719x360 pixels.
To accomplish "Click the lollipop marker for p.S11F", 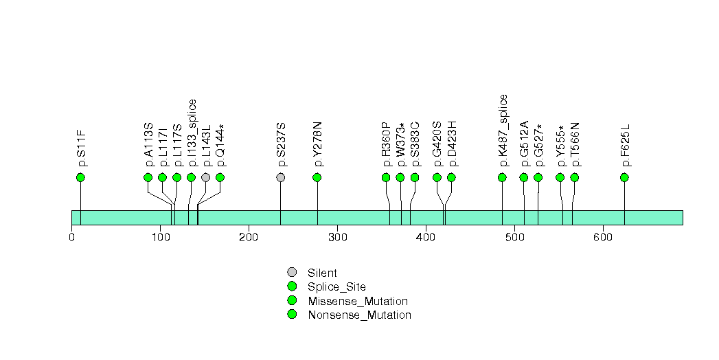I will (80, 177).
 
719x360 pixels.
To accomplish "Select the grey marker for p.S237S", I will (280, 177).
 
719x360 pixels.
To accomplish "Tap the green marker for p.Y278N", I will (317, 177).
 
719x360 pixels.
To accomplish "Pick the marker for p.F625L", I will (624, 177).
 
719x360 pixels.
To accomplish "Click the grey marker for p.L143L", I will (205, 177).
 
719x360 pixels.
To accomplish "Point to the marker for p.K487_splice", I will (502, 177).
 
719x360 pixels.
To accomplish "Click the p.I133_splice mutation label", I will (192, 133).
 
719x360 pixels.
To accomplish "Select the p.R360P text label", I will (386, 144).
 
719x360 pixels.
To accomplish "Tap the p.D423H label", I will (452, 144).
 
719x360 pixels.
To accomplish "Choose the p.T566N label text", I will (575, 144).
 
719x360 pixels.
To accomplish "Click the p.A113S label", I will (148, 144).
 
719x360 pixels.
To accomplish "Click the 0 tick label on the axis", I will (72, 237).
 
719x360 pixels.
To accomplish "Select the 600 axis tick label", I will (603, 237).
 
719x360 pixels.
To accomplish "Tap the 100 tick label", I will (160, 237).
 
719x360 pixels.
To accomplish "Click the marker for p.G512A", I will (524, 177).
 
